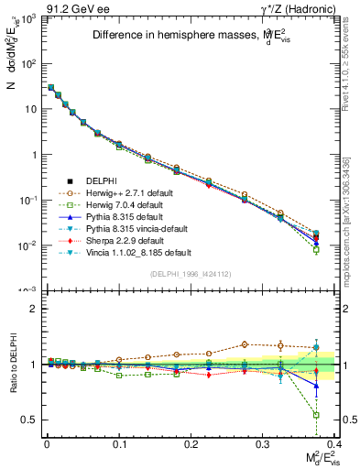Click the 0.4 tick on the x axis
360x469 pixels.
(336, 442)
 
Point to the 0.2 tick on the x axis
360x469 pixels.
(191, 442)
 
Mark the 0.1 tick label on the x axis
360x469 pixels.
(119, 442)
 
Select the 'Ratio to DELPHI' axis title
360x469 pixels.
(13, 364)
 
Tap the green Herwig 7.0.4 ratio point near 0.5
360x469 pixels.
(316, 415)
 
